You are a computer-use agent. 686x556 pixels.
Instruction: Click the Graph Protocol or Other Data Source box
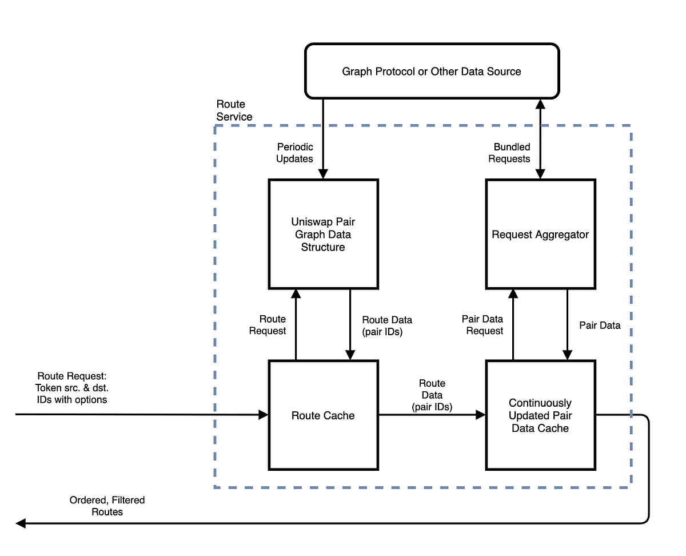pyautogui.click(x=432, y=71)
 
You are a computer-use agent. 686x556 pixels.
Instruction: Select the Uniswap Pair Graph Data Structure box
pyautogui.click(x=323, y=234)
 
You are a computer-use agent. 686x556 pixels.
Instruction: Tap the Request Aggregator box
pyautogui.click(x=540, y=234)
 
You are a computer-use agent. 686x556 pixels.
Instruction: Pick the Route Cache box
pyautogui.click(x=323, y=415)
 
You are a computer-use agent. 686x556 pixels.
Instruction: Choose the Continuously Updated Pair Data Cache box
pyautogui.click(x=540, y=415)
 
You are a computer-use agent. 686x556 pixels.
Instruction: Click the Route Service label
pyautogui.click(x=234, y=110)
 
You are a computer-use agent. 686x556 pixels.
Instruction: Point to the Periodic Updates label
pyautogui.click(x=294, y=153)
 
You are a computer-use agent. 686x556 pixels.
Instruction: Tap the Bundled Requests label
pyautogui.click(x=509, y=153)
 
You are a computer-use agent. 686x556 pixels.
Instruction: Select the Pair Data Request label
pyautogui.click(x=482, y=325)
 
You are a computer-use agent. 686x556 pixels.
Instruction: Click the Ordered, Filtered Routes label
pyautogui.click(x=107, y=506)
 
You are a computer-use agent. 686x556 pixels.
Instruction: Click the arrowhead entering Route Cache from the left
pyautogui.click(x=264, y=415)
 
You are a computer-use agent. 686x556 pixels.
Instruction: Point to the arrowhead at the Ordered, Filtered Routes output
pyautogui.click(x=21, y=523)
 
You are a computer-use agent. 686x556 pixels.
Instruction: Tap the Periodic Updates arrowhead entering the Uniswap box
pyautogui.click(x=323, y=174)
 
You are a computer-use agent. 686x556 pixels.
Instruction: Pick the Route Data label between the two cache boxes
pyautogui.click(x=432, y=395)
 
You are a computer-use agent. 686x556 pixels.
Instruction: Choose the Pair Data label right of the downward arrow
pyautogui.click(x=600, y=325)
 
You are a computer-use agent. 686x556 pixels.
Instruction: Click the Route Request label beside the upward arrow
pyautogui.click(x=267, y=325)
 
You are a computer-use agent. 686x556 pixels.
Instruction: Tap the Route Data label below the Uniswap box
pyautogui.click(x=386, y=325)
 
